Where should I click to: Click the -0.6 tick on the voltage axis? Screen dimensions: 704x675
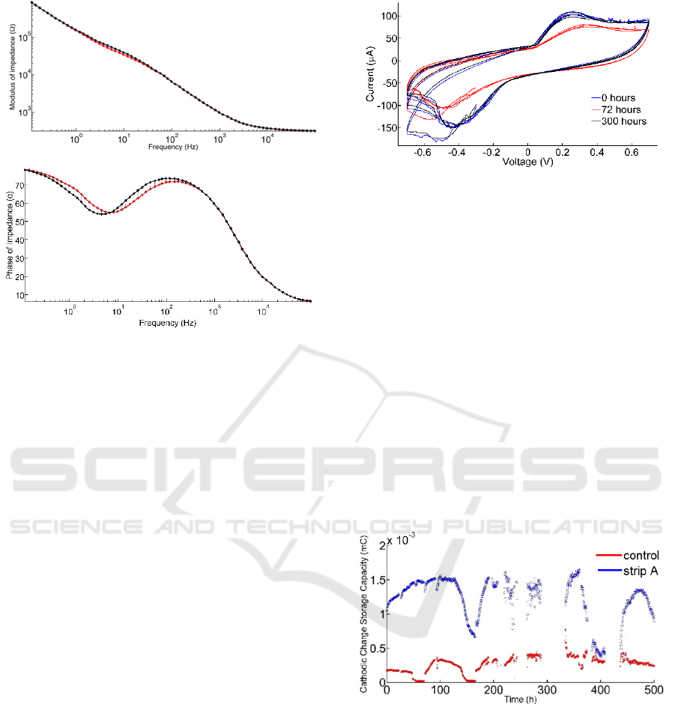(x=424, y=151)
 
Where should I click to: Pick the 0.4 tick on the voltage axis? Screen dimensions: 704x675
(x=597, y=151)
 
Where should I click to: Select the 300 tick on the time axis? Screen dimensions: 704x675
(x=547, y=689)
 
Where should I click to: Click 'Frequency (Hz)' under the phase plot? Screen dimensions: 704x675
(x=168, y=323)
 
